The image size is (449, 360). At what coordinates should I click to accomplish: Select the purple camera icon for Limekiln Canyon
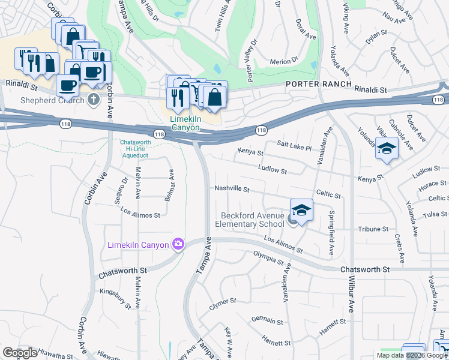pos(178,244)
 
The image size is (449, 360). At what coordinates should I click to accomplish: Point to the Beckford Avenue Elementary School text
pos(252,220)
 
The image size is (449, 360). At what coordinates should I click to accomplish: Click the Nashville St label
pos(232,188)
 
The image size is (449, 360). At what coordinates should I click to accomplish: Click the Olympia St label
pos(268,259)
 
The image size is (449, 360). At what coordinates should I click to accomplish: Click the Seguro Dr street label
pos(125,188)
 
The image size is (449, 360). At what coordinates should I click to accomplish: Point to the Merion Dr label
pos(284,61)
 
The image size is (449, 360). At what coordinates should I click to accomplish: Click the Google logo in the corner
pos(20,353)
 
